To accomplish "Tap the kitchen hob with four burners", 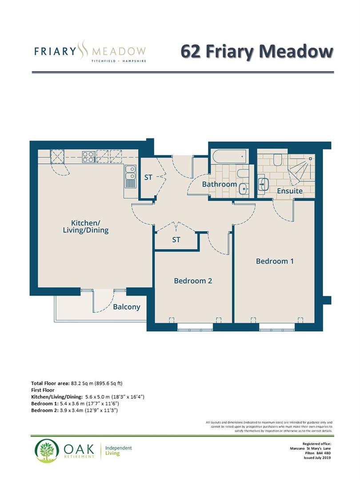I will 88,156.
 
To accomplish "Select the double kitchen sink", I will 131,176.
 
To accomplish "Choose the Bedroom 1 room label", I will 275,261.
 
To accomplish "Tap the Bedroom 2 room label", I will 192,280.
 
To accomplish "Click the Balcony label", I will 126,307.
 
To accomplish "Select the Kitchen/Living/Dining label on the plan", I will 90,226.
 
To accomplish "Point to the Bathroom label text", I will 219,184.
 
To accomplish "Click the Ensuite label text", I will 290,191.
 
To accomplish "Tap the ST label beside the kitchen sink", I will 148,177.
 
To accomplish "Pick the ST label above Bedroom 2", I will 176,240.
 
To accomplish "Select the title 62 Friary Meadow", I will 256,51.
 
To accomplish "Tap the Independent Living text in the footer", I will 118,451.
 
